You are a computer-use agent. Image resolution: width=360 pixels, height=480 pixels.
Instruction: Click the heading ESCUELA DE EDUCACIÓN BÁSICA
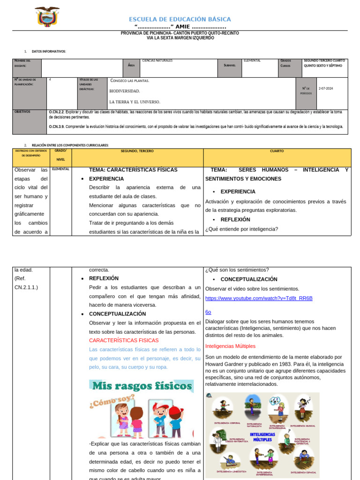pos(180,19)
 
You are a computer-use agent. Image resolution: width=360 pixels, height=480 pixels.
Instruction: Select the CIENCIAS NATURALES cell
pos(157,60)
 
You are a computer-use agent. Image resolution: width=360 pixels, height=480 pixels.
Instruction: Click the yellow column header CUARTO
pos(277,151)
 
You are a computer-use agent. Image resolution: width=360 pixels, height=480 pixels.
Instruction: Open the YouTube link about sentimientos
pos(259,298)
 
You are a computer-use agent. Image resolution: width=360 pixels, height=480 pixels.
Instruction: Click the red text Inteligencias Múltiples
pos(230,346)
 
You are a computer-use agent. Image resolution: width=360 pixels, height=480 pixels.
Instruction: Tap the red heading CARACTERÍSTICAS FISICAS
pos(124,340)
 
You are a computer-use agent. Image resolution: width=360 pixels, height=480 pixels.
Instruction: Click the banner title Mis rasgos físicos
pos(142,386)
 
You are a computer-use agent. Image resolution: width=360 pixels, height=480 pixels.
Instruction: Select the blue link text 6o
pos(208,312)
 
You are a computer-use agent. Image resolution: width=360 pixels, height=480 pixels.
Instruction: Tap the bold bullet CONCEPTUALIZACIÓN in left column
pos(117,314)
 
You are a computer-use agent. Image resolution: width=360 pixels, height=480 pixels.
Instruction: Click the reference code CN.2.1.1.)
pos(26,287)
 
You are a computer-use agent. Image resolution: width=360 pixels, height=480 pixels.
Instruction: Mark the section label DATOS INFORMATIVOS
pos(49,51)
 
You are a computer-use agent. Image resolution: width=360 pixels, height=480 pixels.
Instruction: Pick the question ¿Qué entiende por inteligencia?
pos(241,229)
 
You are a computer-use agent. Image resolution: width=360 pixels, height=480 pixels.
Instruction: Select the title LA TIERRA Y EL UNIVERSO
pos(135,102)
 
